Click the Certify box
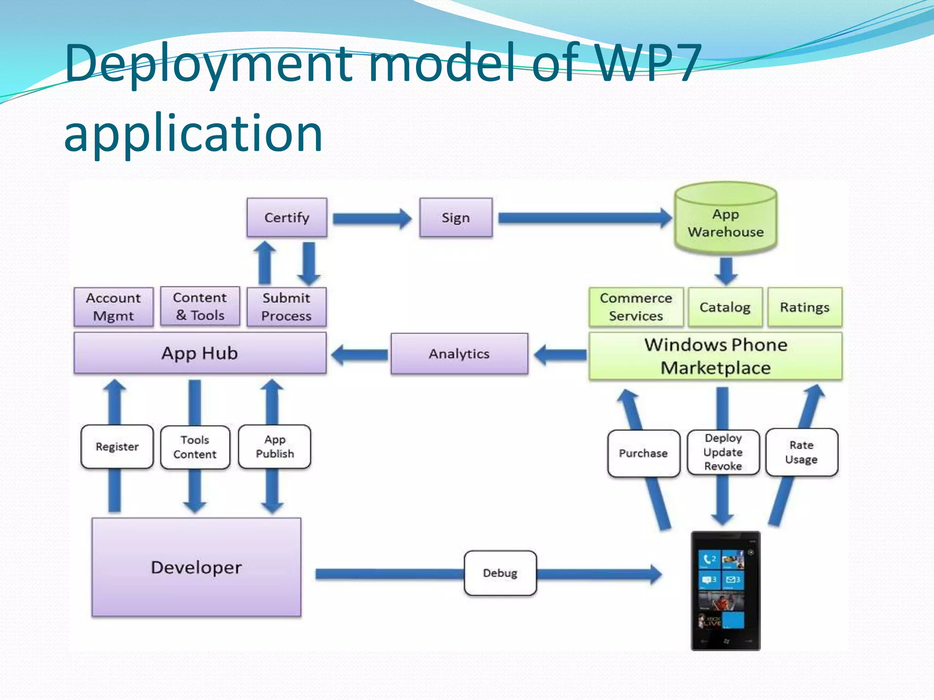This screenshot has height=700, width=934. tap(287, 217)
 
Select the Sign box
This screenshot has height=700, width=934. tap(456, 217)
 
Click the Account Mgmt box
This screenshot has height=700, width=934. tap(114, 307)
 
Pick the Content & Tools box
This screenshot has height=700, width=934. tap(200, 306)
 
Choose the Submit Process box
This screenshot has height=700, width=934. tap(286, 307)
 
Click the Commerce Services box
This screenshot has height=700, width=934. tap(636, 307)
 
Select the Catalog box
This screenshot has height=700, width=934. tap(725, 307)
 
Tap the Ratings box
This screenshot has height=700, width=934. tap(804, 307)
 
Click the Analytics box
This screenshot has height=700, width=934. tap(459, 354)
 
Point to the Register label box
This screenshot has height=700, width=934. tap(117, 447)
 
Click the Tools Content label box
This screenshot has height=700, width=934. tap(195, 447)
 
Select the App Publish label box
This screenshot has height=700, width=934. tap(275, 447)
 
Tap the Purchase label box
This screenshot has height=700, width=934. tap(643, 453)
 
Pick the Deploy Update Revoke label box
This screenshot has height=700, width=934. tap(723, 452)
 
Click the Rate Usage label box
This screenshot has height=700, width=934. tap(801, 452)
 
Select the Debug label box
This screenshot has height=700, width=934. tap(500, 573)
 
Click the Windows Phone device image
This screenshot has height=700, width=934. tap(725, 591)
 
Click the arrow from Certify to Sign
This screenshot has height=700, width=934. tap(372, 219)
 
